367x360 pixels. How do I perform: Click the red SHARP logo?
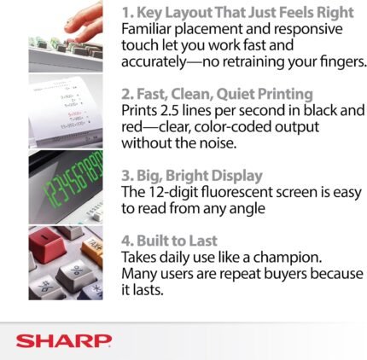[64, 341]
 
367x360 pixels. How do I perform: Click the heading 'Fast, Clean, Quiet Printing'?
[217, 95]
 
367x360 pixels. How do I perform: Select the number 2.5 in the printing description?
[169, 110]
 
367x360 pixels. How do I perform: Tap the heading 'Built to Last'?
[169, 241]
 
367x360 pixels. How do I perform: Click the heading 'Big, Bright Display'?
[192, 176]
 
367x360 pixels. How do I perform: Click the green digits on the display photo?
[73, 178]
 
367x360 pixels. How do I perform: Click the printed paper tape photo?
[66, 112]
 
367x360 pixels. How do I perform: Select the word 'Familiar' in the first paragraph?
[146, 29]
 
